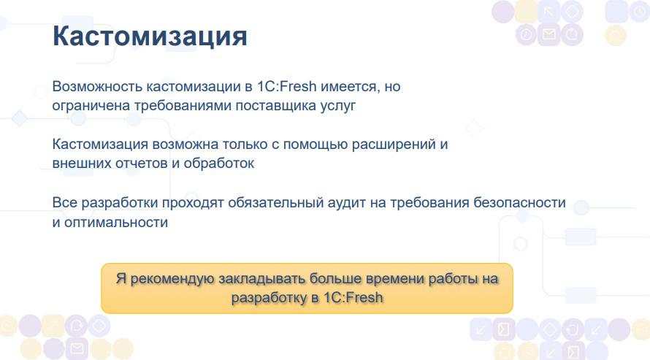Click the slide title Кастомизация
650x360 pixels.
pos(150,36)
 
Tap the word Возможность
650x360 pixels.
pos(97,86)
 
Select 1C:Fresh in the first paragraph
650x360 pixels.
pos(286,86)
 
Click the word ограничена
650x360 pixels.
pos(91,105)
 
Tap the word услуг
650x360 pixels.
pos(338,106)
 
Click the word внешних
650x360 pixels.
pos(81,164)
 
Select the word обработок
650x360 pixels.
pos(219,163)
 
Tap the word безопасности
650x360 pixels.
pos(519,202)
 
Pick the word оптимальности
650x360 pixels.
pos(116,223)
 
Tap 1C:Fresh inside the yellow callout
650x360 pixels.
pos(353,297)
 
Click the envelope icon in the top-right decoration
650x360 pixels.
pos(549,34)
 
